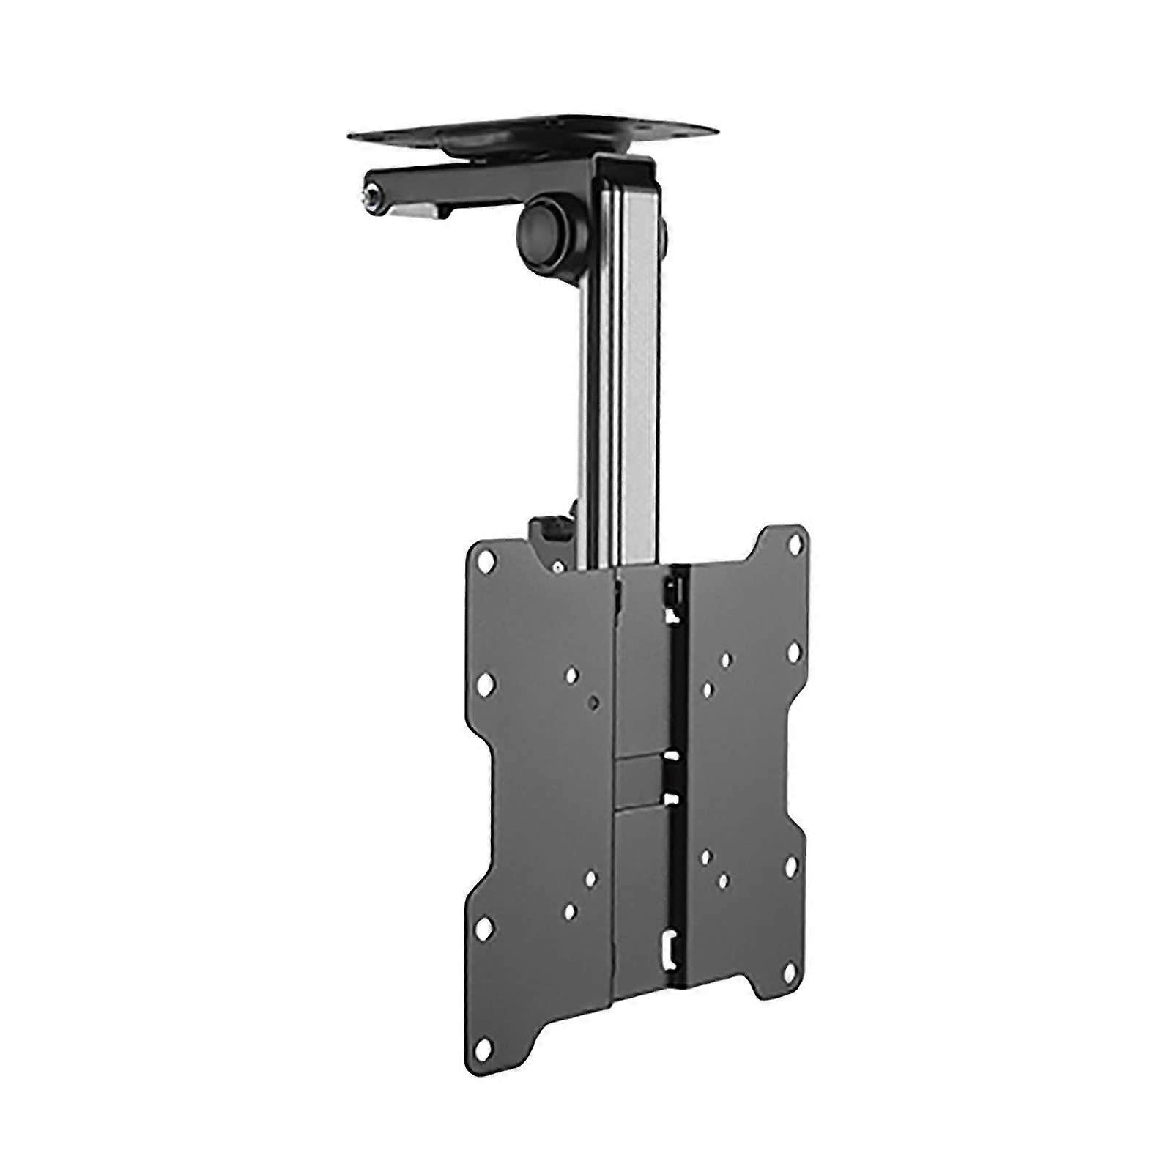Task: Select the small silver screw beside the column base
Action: pyautogui.click(x=559, y=567)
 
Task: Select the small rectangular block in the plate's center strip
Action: pyautogui.click(x=641, y=772)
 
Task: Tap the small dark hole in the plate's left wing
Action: pyautogui.click(x=593, y=702)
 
